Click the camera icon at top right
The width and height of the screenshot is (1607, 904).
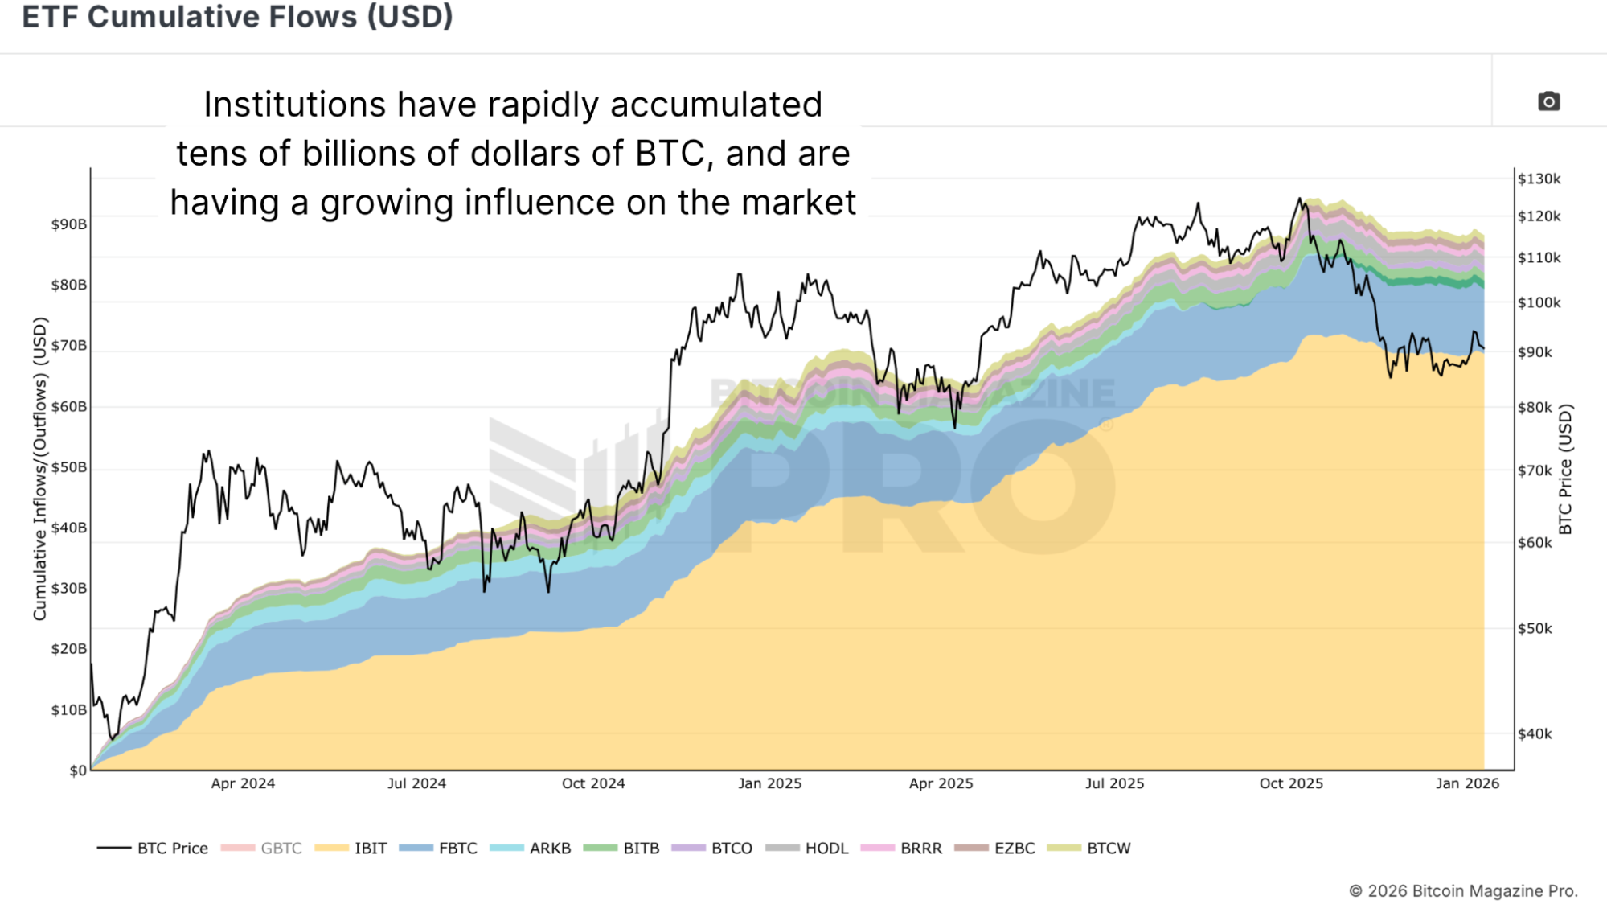pyautogui.click(x=1548, y=101)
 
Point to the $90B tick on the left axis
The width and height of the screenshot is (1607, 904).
pyautogui.click(x=69, y=224)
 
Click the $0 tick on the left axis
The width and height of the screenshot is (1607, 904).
pyautogui.click(x=78, y=770)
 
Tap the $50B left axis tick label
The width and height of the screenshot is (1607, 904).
pyautogui.click(x=69, y=467)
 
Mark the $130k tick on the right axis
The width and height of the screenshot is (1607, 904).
pyautogui.click(x=1539, y=179)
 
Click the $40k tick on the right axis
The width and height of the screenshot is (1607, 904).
pyautogui.click(x=1535, y=733)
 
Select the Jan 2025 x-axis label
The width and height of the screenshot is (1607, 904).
pyautogui.click(x=769, y=783)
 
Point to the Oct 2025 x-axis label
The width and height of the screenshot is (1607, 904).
pyautogui.click(x=1291, y=783)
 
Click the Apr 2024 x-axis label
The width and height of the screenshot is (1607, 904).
pyautogui.click(x=243, y=783)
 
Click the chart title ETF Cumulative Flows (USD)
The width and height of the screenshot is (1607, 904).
pyautogui.click(x=238, y=17)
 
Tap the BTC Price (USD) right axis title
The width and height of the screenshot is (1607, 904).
pyautogui.click(x=1565, y=469)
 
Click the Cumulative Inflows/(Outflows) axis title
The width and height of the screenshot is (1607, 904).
pyautogui.click(x=39, y=469)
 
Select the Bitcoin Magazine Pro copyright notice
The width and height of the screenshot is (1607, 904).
pyautogui.click(x=1463, y=890)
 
